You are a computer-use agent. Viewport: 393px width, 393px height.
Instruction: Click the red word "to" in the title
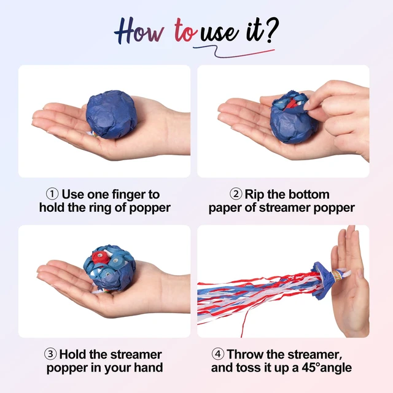click(x=185, y=30)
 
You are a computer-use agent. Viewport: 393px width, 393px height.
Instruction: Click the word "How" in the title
click(x=139, y=31)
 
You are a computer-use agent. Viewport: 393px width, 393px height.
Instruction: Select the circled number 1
click(x=52, y=194)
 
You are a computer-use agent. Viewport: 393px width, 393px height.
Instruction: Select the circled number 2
click(x=236, y=194)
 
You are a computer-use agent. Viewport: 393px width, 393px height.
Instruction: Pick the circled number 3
click(x=50, y=354)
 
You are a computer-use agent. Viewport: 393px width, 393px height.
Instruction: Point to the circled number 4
click(x=217, y=354)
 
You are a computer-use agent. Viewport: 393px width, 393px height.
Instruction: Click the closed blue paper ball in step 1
click(x=112, y=114)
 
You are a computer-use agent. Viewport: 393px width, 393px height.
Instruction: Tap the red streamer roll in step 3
click(x=100, y=257)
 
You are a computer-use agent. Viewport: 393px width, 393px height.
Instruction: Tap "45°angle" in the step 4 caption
click(x=327, y=368)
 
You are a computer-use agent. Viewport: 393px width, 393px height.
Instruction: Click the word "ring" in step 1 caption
click(x=99, y=208)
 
